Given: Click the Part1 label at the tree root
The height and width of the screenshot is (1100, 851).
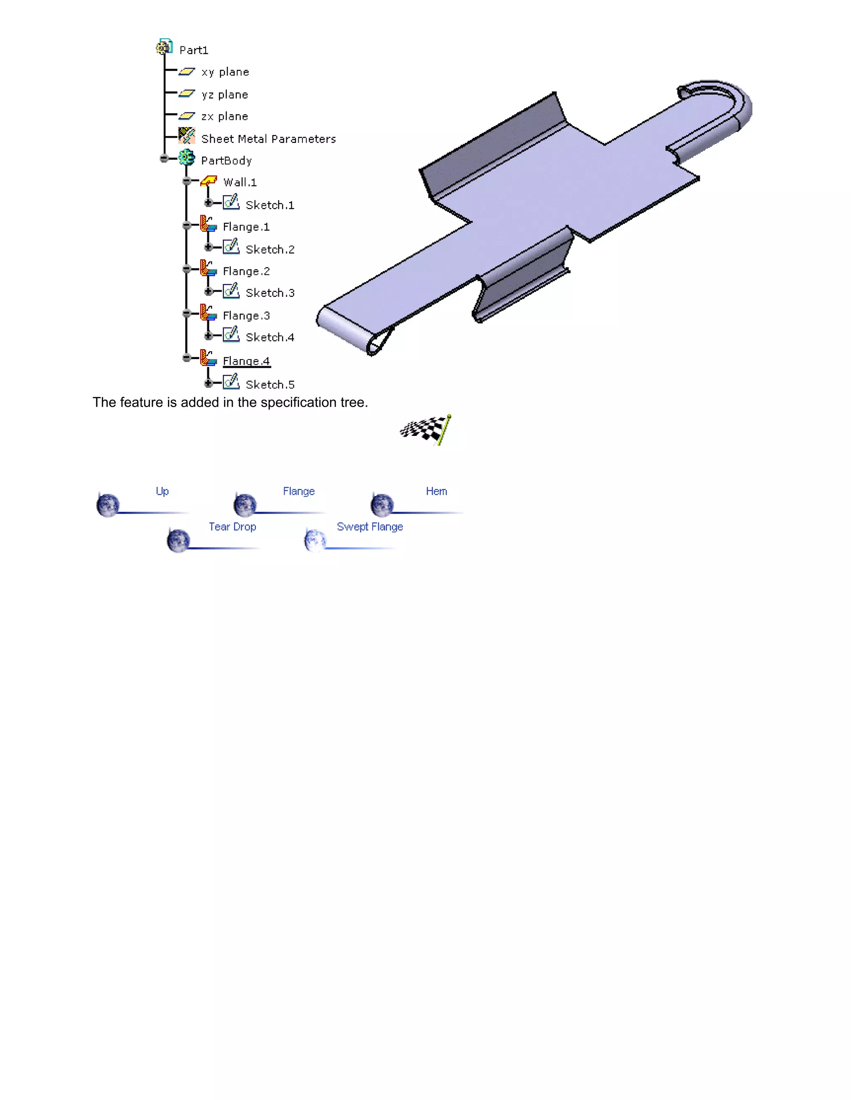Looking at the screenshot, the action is tap(194, 50).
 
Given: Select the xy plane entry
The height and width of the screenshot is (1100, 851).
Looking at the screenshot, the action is tap(225, 72).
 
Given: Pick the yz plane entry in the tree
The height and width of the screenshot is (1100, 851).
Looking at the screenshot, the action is tap(224, 95).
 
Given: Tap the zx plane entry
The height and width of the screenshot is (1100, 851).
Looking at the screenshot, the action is tap(224, 116).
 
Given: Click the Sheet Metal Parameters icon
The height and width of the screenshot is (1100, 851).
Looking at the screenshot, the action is tap(187, 136).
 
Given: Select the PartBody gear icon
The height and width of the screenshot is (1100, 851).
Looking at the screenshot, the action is tap(187, 158).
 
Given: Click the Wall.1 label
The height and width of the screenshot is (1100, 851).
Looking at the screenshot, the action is tap(240, 182).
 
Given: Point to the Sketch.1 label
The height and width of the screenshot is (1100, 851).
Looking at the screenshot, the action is tap(270, 205).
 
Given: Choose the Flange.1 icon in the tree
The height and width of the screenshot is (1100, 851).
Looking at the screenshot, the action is tap(208, 224).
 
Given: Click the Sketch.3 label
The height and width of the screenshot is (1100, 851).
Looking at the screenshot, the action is tap(270, 293).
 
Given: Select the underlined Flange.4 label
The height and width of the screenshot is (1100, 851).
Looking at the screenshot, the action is tap(246, 361).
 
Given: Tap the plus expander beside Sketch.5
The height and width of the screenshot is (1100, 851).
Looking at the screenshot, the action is tap(208, 383).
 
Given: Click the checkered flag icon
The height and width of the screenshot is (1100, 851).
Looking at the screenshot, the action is tap(426, 430).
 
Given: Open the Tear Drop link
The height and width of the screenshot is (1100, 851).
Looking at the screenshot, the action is tap(232, 527).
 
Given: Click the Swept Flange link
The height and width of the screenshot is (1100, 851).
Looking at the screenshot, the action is tap(369, 527).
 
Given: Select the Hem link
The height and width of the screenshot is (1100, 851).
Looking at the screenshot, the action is tap(436, 491).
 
